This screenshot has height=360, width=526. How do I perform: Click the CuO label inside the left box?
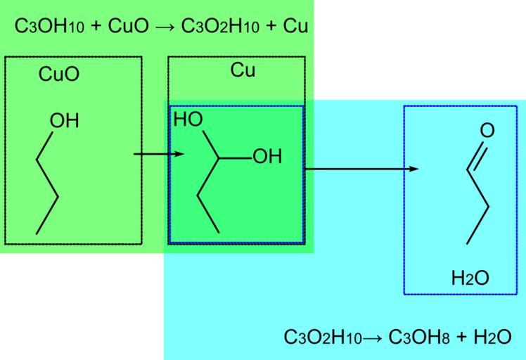click(59, 75)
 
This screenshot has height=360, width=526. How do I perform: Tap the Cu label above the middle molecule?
click(243, 70)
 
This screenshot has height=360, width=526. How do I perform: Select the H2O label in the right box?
click(470, 278)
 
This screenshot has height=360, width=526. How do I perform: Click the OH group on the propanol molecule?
click(64, 121)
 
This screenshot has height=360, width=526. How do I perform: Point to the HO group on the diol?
click(188, 120)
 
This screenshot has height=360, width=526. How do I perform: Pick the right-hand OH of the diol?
click(267, 157)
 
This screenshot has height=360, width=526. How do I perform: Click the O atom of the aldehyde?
click(487, 131)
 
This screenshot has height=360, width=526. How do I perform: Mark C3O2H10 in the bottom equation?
click(323, 337)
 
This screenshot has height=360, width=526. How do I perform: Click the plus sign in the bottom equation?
click(461, 337)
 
